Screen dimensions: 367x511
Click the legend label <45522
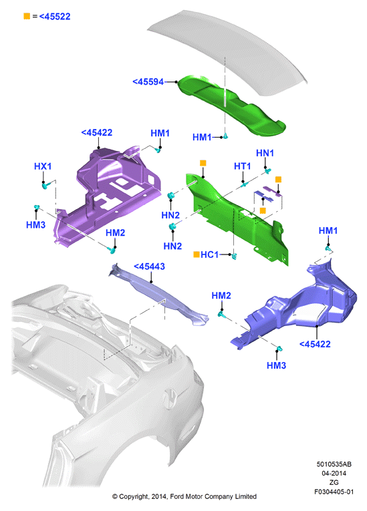pos(55,16)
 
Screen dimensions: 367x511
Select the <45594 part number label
pos(148,81)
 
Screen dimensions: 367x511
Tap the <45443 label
pos(150,267)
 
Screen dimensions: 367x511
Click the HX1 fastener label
pos(43,166)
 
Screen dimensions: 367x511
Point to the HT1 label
pos(243,166)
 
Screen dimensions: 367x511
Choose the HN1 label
pos(265,153)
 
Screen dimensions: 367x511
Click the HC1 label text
pos(209,254)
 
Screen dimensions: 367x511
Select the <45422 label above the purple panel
pos(96,132)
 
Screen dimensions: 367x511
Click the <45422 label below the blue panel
pos(315,344)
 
